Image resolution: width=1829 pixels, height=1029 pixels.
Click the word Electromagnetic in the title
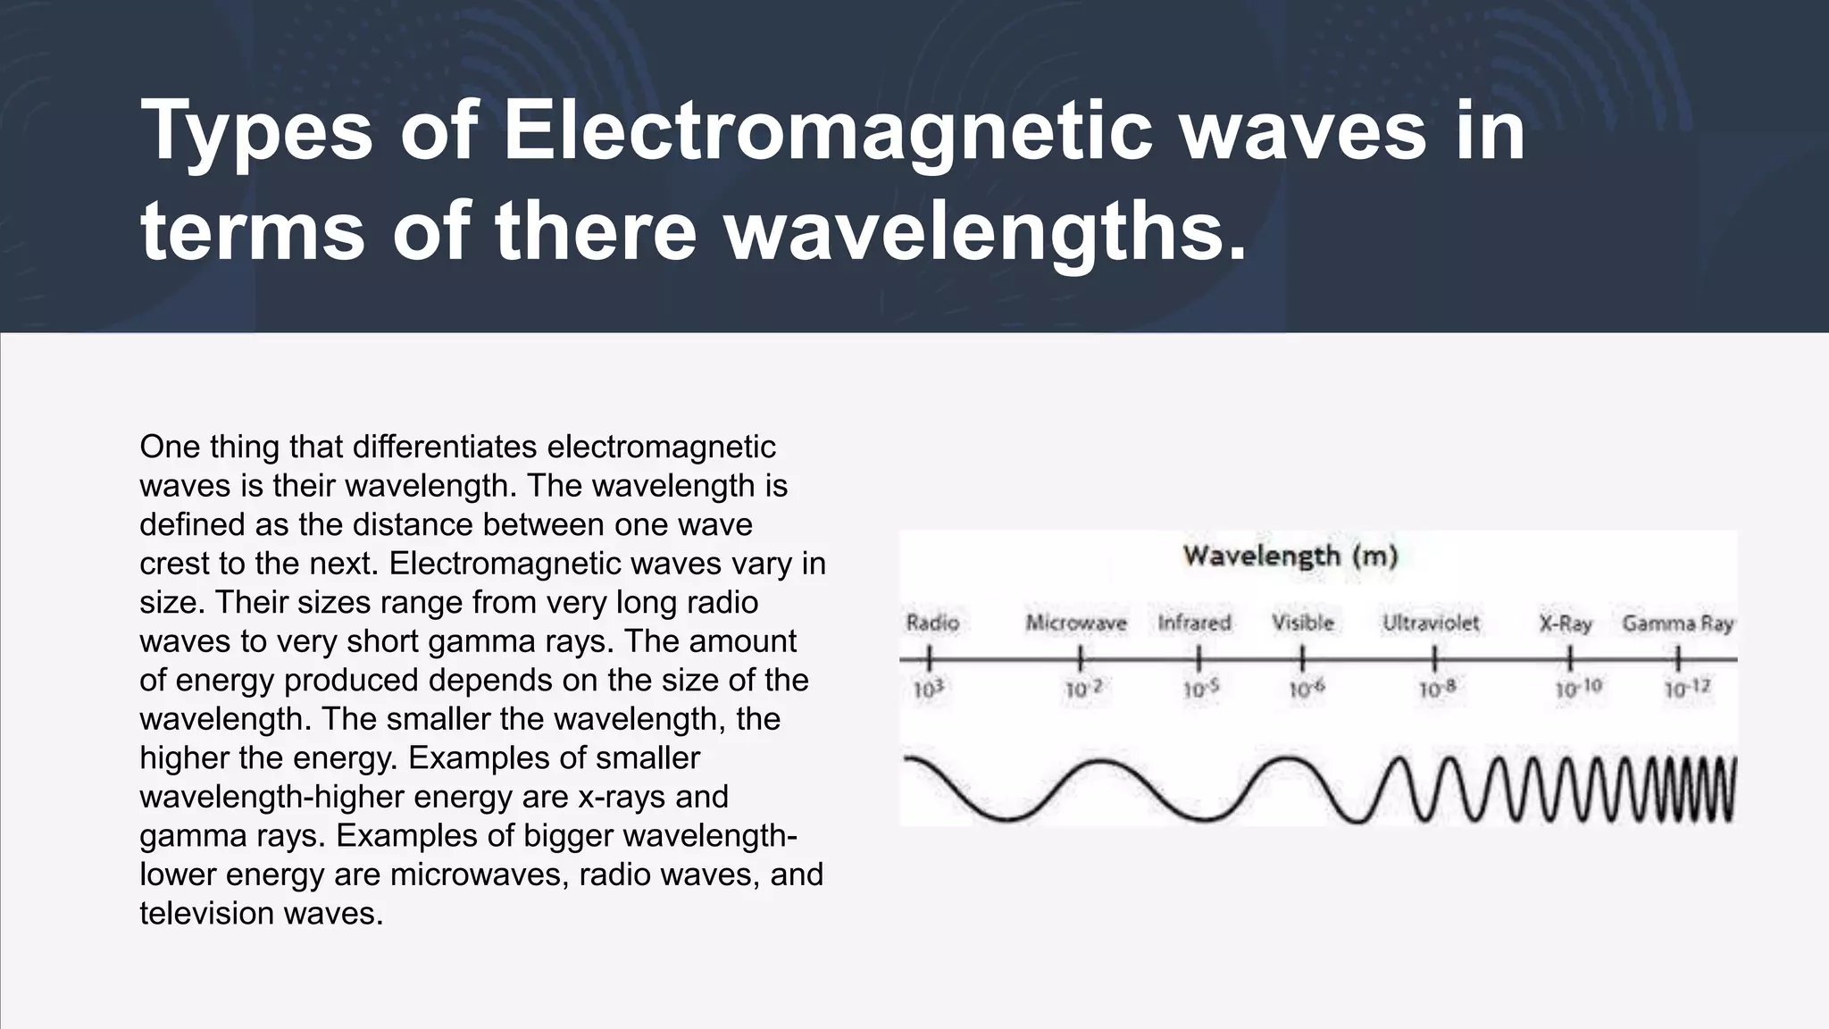click(827, 131)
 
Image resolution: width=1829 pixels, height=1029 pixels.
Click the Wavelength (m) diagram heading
click(1290, 556)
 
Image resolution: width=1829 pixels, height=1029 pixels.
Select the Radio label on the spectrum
click(932, 623)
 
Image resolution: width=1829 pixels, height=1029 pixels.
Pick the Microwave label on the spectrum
click(1076, 623)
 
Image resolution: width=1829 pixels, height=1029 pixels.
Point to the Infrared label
click(1194, 623)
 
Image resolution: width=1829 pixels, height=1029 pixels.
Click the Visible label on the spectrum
click(1303, 623)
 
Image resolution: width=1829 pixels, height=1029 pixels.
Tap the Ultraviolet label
click(1431, 623)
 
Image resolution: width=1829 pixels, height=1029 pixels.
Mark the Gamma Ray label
click(1677, 623)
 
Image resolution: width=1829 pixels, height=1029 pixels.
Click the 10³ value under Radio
click(929, 690)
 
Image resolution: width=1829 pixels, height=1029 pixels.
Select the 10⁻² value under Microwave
click(1083, 690)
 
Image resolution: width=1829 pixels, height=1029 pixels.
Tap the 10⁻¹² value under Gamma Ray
click(1687, 690)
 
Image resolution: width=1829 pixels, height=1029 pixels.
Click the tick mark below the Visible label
click(1303, 660)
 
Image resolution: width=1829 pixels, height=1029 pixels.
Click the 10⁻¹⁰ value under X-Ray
click(1578, 690)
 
